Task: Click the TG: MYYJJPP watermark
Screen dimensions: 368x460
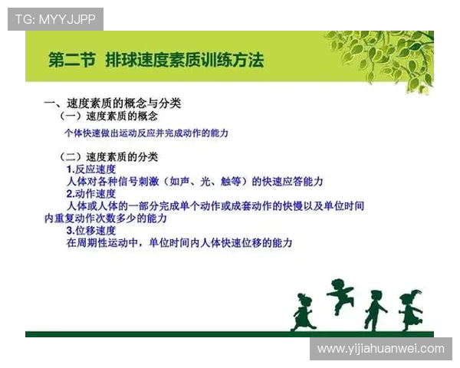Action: click(55, 19)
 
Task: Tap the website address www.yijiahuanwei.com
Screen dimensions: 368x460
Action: click(381, 349)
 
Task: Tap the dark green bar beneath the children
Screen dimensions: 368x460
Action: click(229, 334)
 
